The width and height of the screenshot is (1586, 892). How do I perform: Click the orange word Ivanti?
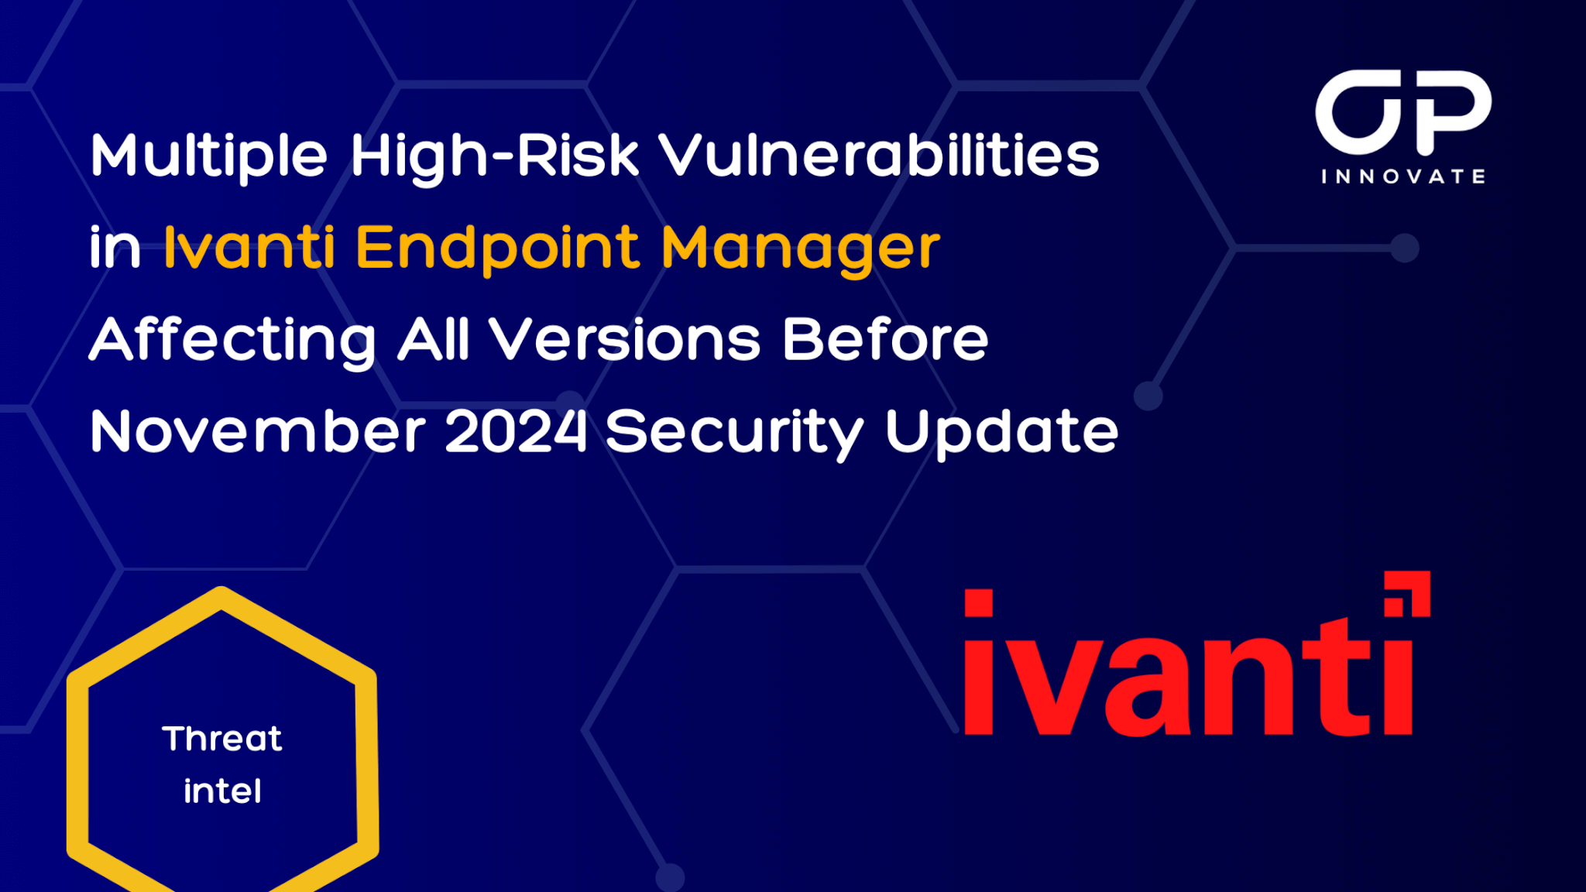[x=249, y=247]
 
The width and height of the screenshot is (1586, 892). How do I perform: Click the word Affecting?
[x=233, y=341]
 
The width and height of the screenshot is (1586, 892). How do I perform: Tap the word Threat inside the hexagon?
[x=222, y=739]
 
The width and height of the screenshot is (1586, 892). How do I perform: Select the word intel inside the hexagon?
[x=222, y=791]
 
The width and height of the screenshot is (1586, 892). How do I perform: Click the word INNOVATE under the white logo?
[x=1403, y=177]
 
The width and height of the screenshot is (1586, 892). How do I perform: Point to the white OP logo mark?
[x=1403, y=112]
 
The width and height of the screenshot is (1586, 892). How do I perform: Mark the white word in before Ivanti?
[x=115, y=248]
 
